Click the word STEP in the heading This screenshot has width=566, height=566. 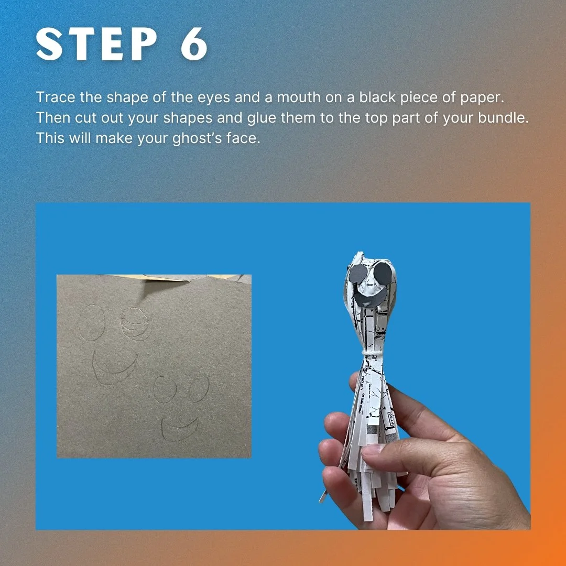click(97, 45)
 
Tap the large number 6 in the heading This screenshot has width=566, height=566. click(194, 45)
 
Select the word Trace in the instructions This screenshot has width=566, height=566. click(56, 97)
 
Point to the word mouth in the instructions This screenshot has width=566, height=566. click(299, 97)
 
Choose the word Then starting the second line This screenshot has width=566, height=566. click(53, 118)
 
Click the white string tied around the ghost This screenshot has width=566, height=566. click(373, 351)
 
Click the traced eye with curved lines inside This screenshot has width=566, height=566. click(134, 323)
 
